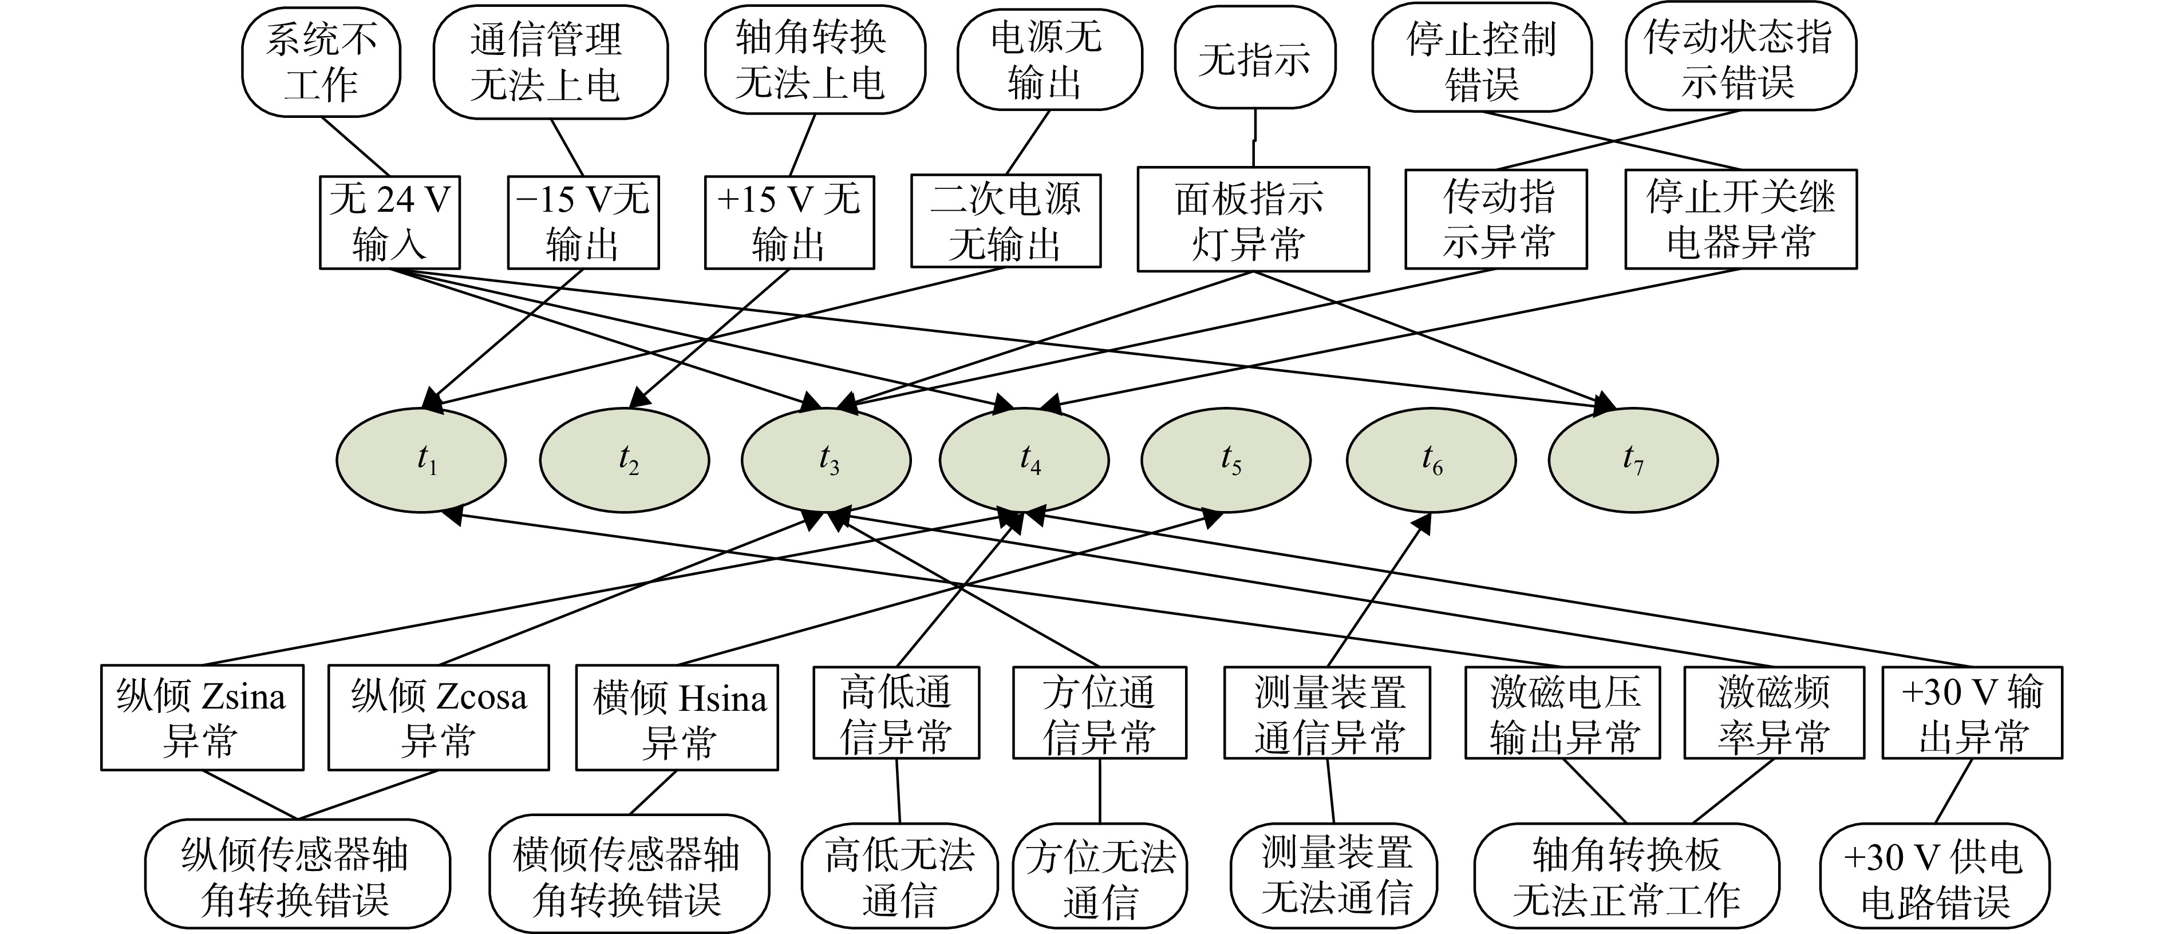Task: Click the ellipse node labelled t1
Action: coord(421,460)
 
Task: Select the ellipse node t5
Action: coord(1226,460)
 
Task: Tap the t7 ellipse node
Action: coord(1633,460)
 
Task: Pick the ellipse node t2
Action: coord(624,460)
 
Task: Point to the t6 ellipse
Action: coord(1431,460)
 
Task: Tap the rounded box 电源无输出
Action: coord(1050,60)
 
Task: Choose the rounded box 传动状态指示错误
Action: coord(1740,58)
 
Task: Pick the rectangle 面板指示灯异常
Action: coord(1253,219)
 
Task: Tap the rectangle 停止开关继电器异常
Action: coord(1740,219)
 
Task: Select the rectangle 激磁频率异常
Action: coord(1774,713)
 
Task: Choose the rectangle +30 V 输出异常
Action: coord(1972,713)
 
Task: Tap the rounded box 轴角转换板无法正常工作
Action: coord(1626,877)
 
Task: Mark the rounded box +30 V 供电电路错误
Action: coord(1934,878)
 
